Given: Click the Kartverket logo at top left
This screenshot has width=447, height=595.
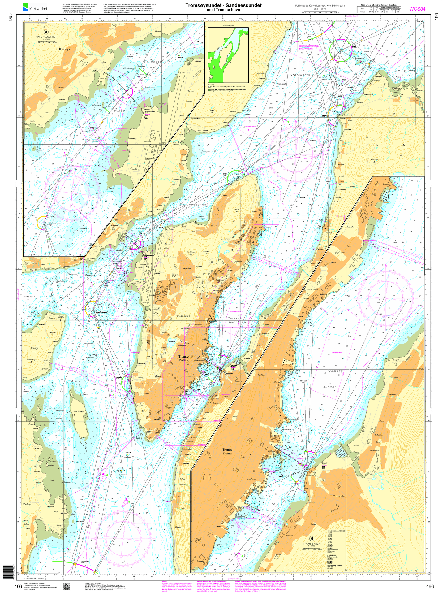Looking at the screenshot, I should click(x=35, y=7).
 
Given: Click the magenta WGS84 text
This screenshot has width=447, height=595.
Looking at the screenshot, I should click(x=417, y=9).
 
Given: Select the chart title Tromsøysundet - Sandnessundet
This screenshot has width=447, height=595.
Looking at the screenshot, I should click(x=223, y=5).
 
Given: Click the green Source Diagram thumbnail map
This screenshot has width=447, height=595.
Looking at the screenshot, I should click(x=228, y=54).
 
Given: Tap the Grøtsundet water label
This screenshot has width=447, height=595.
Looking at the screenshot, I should click(x=300, y=75).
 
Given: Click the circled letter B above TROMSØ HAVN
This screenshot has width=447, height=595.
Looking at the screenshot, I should click(x=312, y=538).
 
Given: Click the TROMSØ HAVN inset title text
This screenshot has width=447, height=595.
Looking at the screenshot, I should click(x=312, y=544).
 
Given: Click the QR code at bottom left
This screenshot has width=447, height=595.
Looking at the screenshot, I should click(x=67, y=586).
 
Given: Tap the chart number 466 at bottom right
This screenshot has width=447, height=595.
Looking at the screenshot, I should click(x=430, y=586).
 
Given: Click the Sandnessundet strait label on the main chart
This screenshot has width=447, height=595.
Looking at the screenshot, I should click(x=194, y=205).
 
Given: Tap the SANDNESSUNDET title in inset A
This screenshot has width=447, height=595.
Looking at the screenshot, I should click(x=46, y=37).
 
